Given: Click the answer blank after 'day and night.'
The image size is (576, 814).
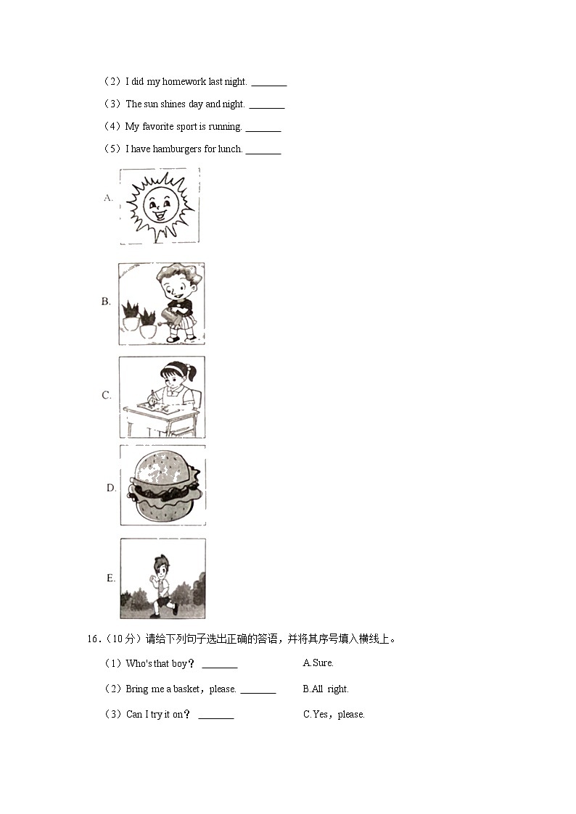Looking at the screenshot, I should tap(266, 106).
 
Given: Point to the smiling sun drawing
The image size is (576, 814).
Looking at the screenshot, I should tap(160, 205).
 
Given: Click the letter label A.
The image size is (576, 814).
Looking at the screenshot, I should tap(108, 197).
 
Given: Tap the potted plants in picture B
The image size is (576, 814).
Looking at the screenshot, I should tap(139, 320).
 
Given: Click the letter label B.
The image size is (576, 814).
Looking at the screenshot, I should tap(106, 302).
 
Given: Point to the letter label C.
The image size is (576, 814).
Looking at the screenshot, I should tap(106, 395).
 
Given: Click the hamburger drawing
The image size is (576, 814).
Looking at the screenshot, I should tap(162, 485).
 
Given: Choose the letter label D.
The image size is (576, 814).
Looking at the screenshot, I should tap(111, 488).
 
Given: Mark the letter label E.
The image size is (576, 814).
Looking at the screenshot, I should tap(111, 578).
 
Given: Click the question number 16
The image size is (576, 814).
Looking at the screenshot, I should tap(92, 639).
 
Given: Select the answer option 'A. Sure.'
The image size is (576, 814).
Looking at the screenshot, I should tap(318, 663).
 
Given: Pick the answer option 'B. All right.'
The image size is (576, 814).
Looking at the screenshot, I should tap(325, 689).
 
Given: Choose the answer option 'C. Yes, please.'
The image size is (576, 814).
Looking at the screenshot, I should tap(334, 715).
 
